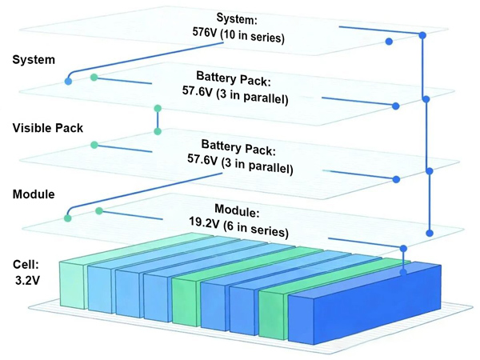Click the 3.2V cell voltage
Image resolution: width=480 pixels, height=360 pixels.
pyautogui.click(x=26, y=282)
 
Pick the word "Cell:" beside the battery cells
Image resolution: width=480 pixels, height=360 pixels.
pyautogui.click(x=26, y=264)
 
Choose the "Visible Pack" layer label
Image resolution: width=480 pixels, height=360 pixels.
pyautogui.click(x=48, y=127)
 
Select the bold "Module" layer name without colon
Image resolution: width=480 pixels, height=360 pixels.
pyautogui.click(x=34, y=194)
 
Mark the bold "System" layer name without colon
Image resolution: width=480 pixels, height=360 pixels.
pyautogui.click(x=34, y=59)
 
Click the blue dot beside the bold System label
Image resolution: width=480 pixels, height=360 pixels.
pyautogui.click(x=68, y=82)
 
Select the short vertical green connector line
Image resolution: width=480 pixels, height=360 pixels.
pyautogui.click(x=158, y=118)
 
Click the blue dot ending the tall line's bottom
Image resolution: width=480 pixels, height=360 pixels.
pyautogui.click(x=430, y=233)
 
